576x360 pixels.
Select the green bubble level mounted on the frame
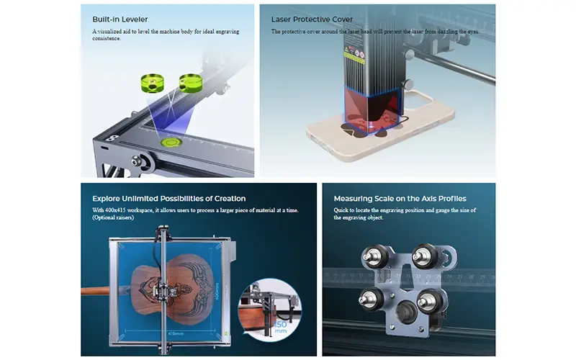point(171,142)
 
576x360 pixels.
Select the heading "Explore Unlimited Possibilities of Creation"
point(168,199)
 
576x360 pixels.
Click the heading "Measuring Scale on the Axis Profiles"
point(400,199)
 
